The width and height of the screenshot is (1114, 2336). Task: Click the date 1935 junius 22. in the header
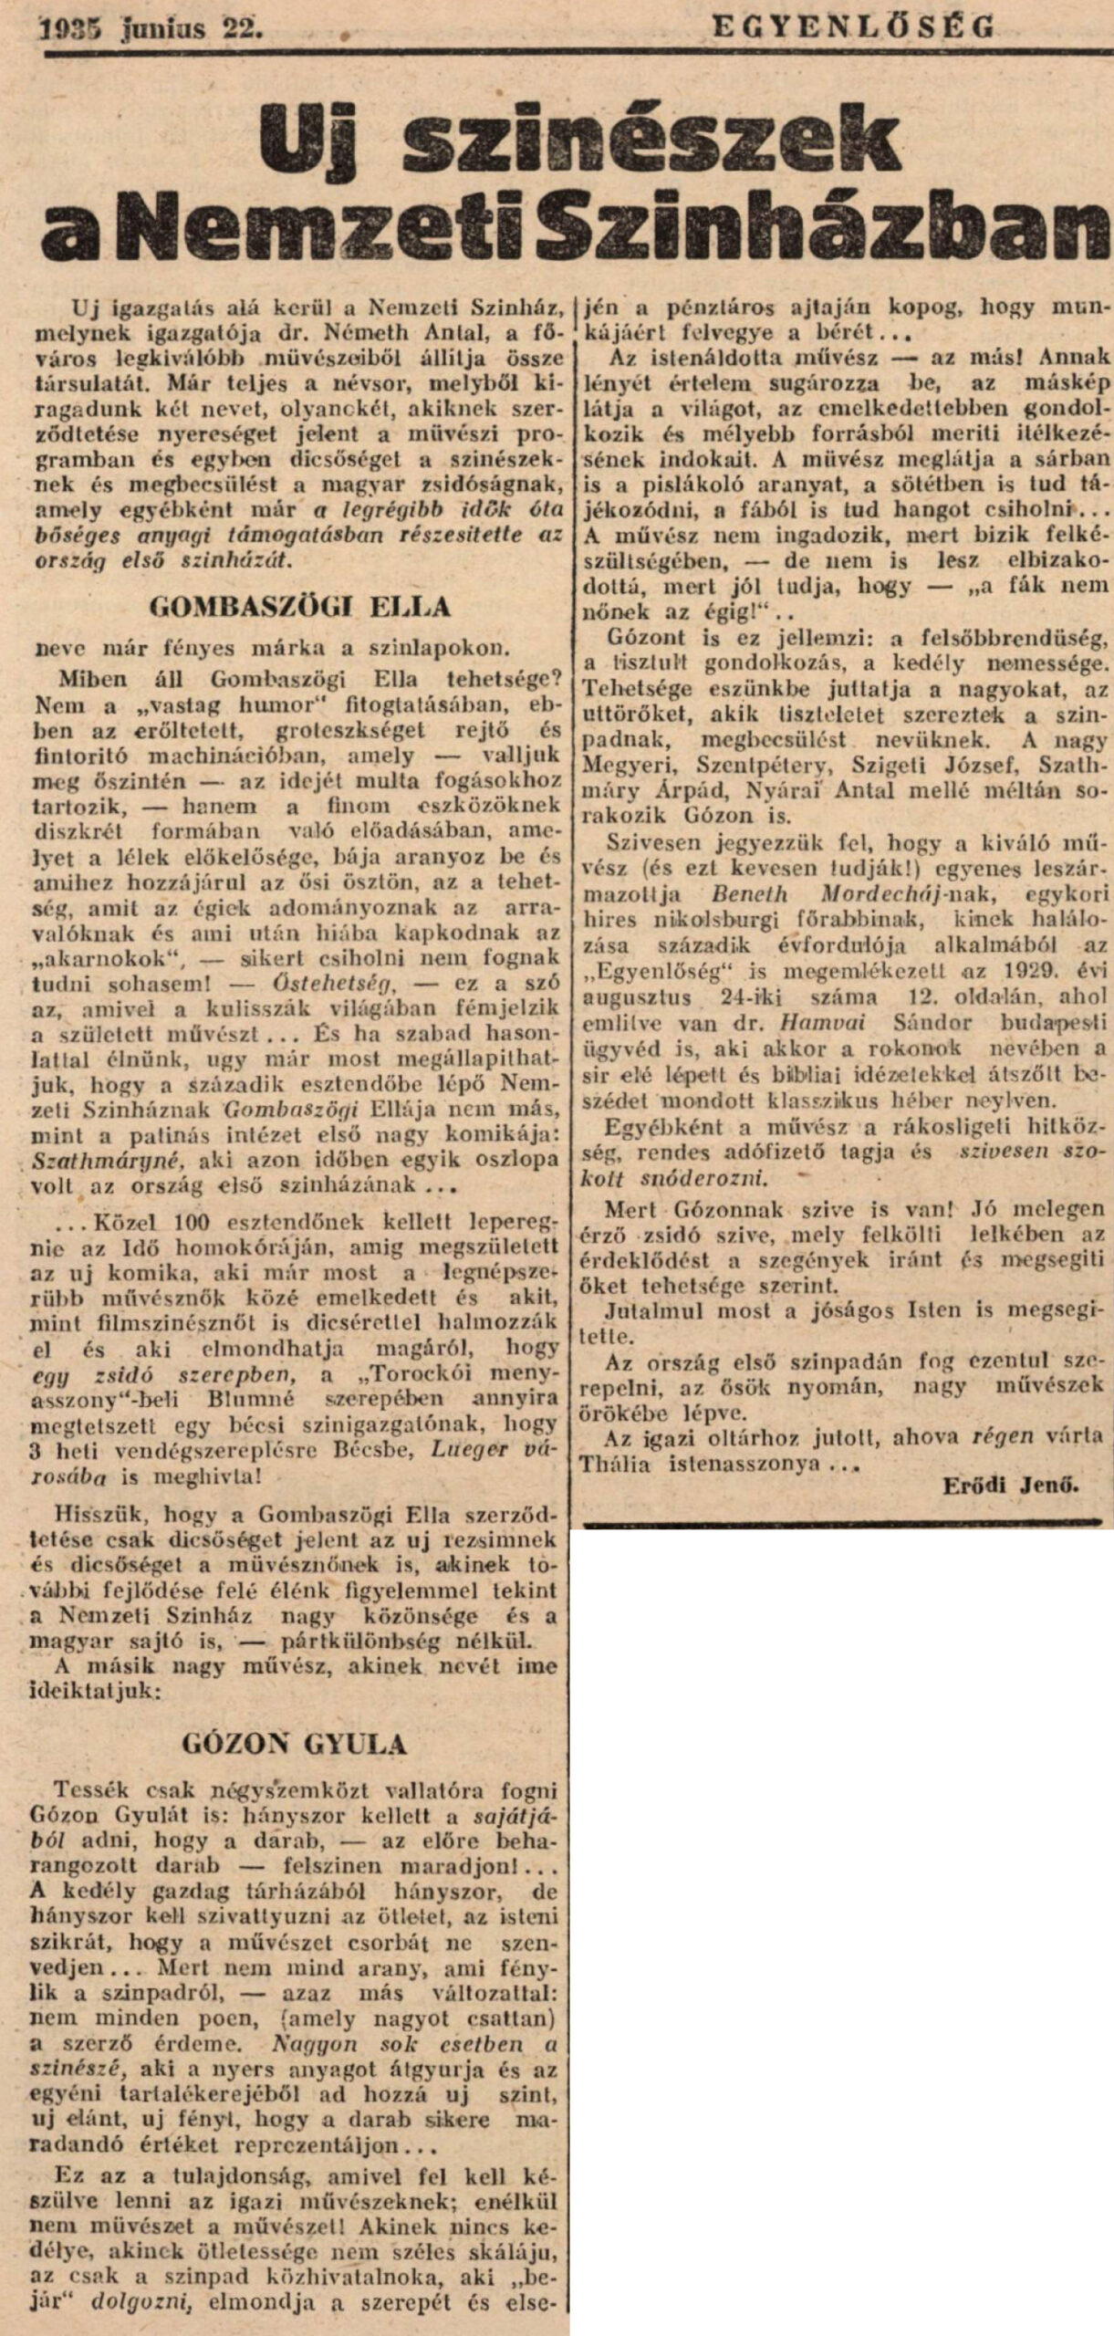tap(150, 30)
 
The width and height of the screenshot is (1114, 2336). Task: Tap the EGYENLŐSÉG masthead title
tap(852, 27)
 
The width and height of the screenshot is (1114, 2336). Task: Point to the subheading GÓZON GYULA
tap(294, 1744)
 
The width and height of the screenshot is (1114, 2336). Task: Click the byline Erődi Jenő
tap(1010, 1485)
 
